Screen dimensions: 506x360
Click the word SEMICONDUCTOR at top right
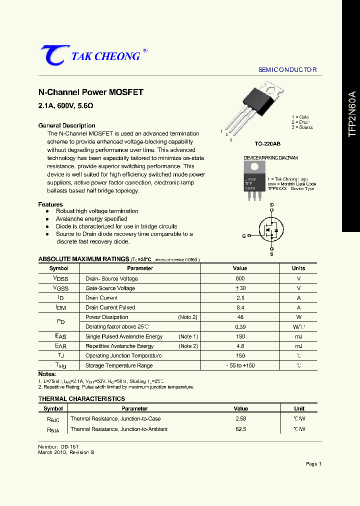tap(287, 70)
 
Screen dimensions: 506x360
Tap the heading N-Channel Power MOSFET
tap(91, 92)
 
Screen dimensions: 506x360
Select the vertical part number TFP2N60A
tap(352, 114)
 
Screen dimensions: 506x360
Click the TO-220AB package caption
tap(267, 144)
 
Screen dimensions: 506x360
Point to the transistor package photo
tap(262, 106)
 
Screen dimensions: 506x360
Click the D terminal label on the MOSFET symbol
tap(272, 205)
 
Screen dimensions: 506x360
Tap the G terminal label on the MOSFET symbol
tap(244, 235)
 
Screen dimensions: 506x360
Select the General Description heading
tap(66, 125)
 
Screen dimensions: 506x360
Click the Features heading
tap(50, 204)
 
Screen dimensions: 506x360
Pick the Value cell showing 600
tap(240, 278)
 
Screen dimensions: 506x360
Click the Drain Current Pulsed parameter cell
tap(110, 307)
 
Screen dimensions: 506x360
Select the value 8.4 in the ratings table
tap(240, 307)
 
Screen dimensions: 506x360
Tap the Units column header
tap(298, 268)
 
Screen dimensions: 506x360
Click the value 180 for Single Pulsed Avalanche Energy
tap(240, 336)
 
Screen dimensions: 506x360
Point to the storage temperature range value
tap(240, 365)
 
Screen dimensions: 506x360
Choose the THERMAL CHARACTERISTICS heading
tap(81, 399)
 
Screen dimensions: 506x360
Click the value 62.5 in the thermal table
tap(240, 429)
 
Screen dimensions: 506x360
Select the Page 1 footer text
tap(313, 464)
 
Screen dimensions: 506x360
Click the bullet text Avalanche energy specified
tap(91, 219)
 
